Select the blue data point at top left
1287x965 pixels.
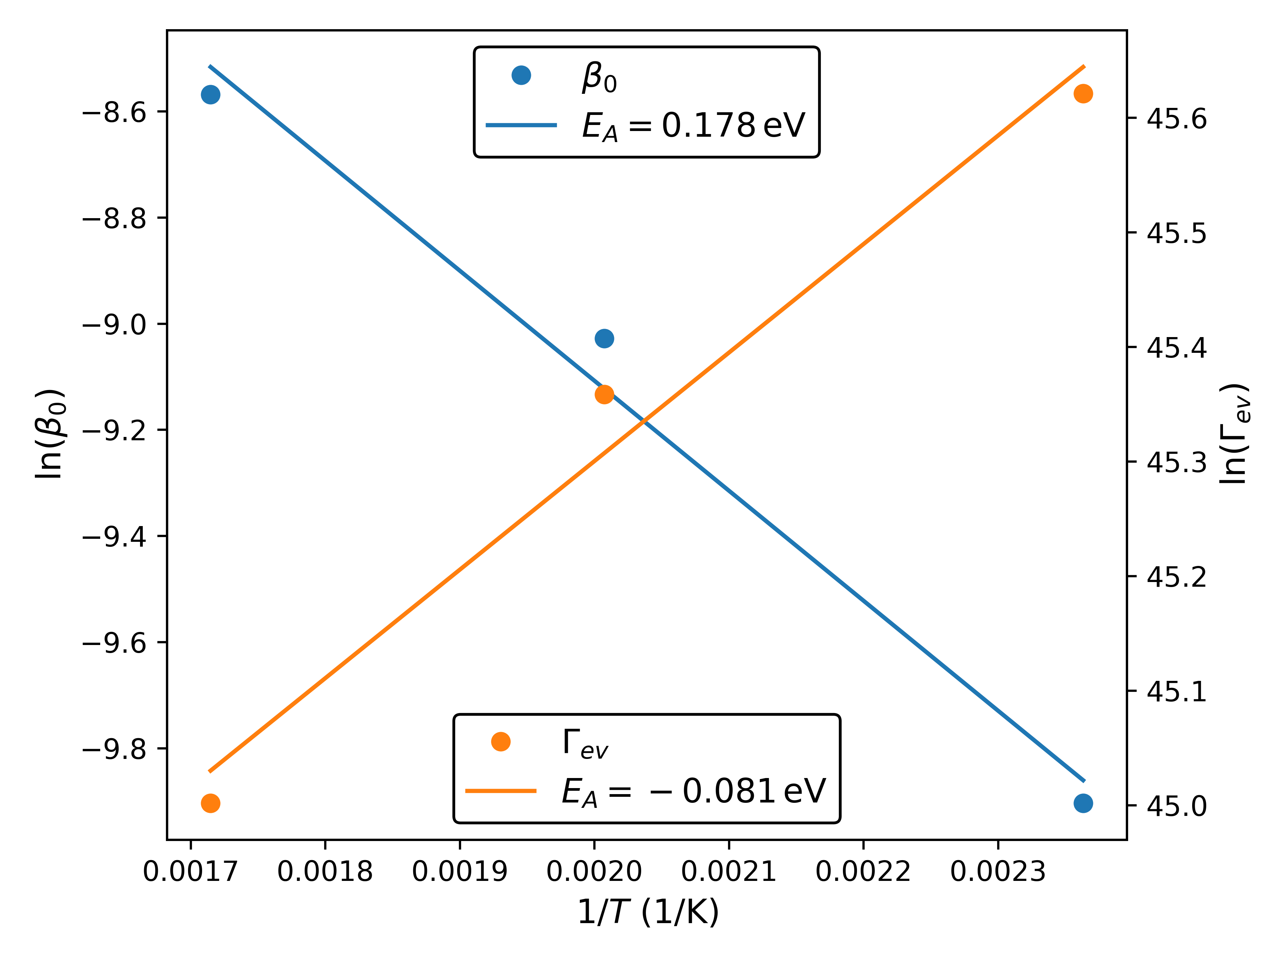click(x=210, y=95)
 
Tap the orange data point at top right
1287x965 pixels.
click(x=1083, y=93)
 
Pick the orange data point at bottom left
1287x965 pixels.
click(x=210, y=803)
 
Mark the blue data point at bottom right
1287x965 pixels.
click(x=1083, y=803)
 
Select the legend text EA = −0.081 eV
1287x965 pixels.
click(x=693, y=791)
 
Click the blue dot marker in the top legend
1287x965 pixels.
click(x=521, y=75)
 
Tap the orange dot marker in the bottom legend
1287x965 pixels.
click(x=500, y=742)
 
